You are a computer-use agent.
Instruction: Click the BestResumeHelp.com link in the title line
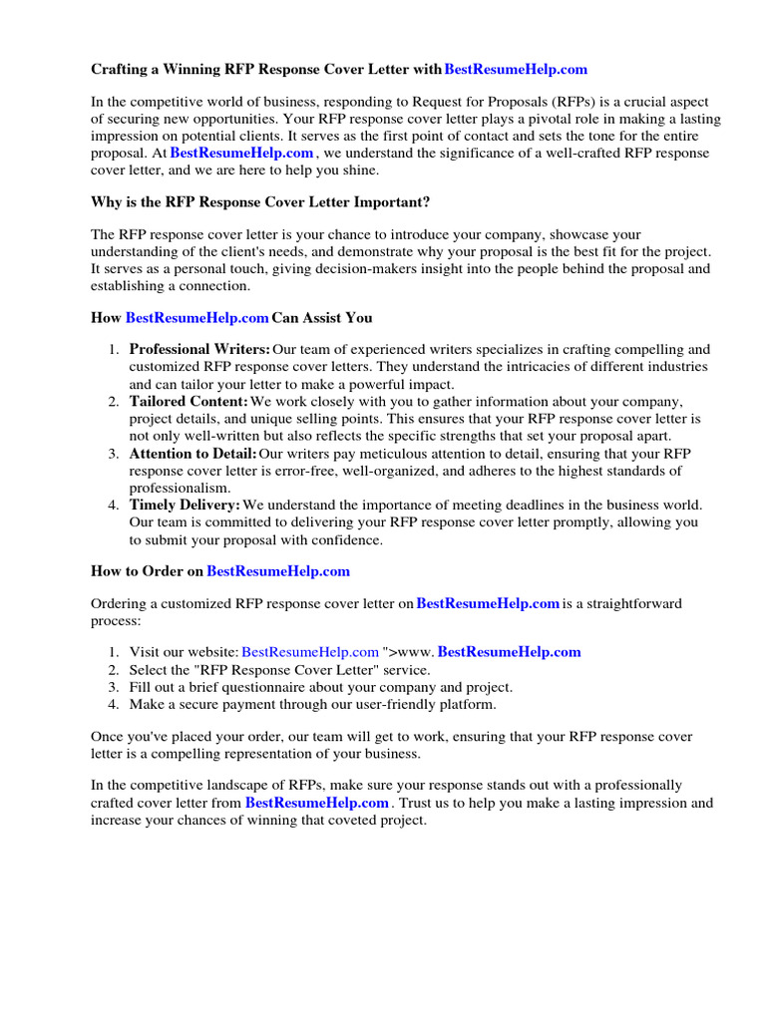516,70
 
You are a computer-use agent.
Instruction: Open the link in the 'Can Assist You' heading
196,318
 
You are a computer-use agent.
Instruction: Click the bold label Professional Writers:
199,350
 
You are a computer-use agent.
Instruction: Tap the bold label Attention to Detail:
192,454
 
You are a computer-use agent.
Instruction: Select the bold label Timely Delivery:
185,506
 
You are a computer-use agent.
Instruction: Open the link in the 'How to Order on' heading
278,571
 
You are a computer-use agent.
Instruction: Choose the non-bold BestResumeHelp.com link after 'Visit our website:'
310,652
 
